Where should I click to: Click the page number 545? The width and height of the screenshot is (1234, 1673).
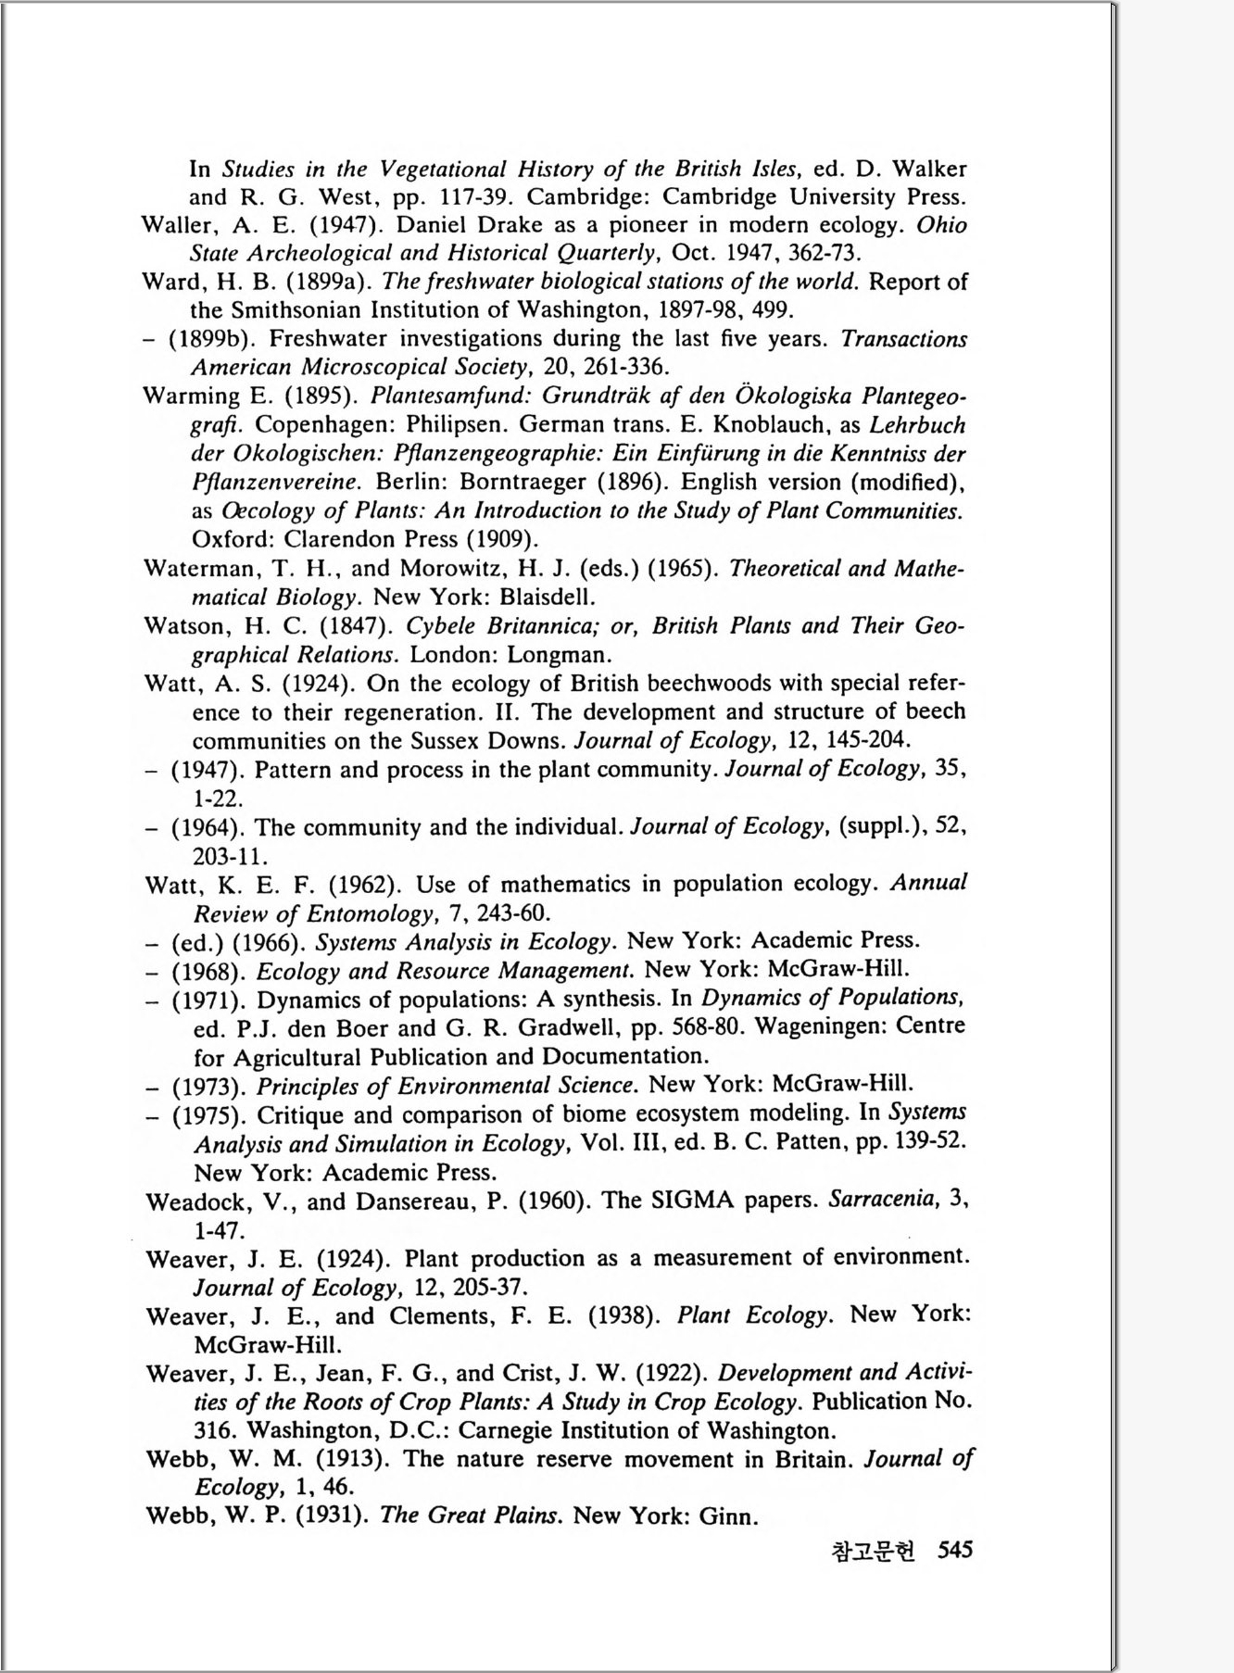(955, 1549)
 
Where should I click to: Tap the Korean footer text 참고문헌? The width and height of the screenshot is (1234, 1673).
(874, 1550)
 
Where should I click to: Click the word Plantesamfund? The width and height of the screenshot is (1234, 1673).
(451, 396)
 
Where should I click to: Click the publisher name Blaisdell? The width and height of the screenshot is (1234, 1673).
(546, 597)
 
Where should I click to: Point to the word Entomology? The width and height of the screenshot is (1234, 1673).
(370, 913)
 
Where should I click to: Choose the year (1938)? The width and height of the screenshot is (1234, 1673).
(623, 1315)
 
